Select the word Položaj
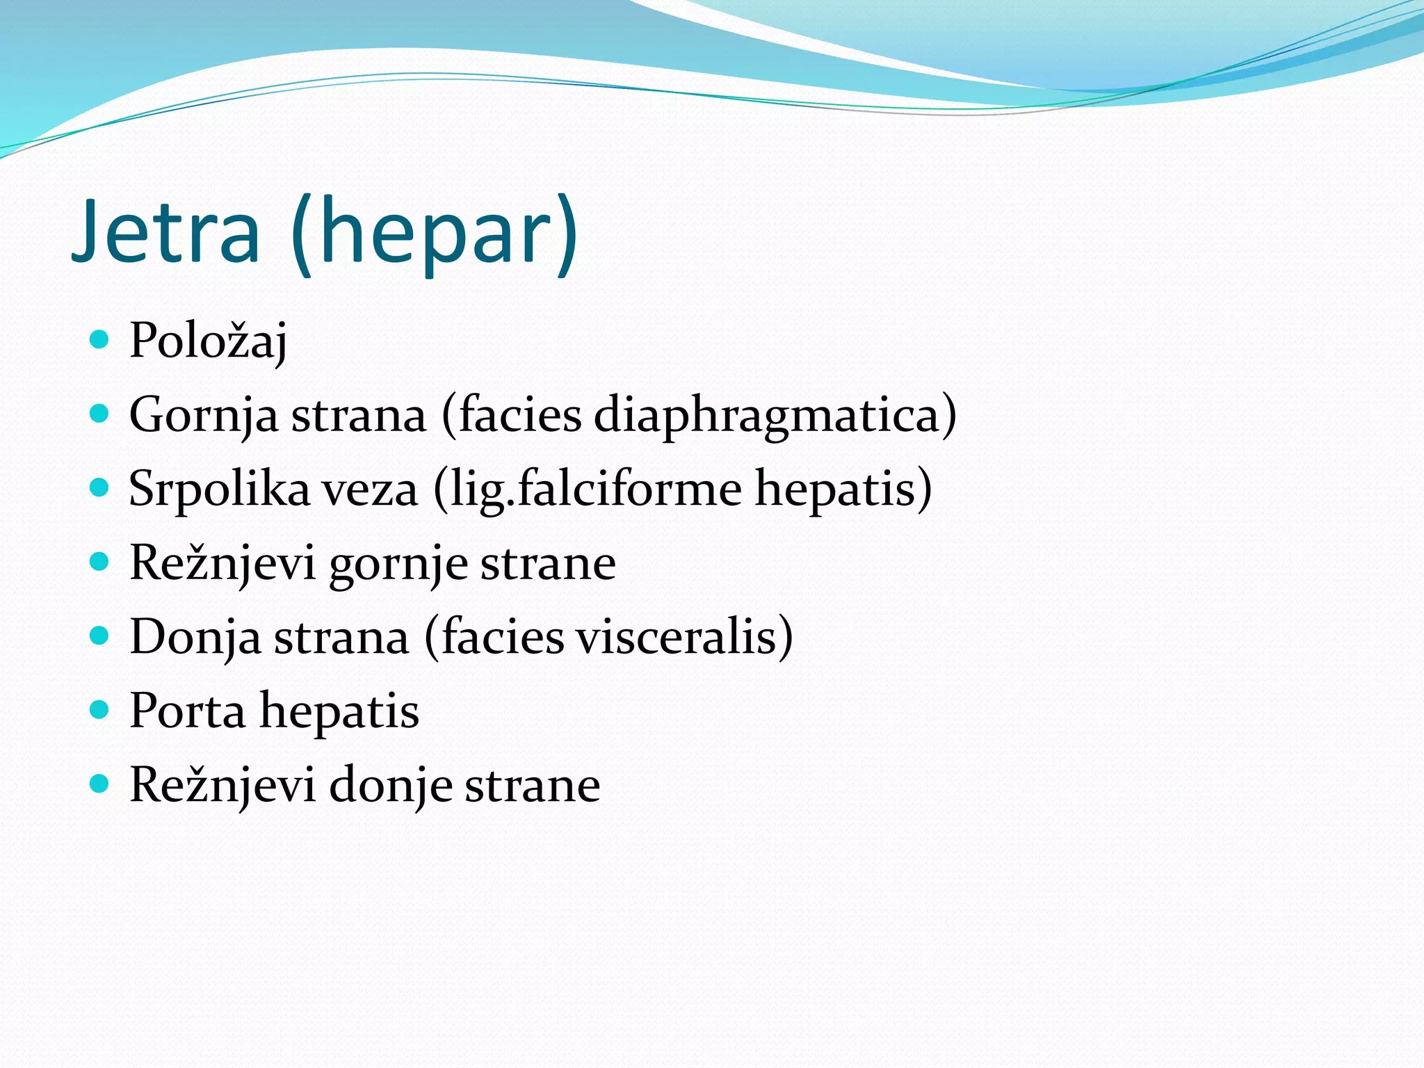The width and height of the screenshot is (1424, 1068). pyautogui.click(x=208, y=341)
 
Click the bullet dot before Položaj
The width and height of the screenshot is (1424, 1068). pyautogui.click(x=100, y=339)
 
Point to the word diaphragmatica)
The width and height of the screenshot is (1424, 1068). pyautogui.click(x=775, y=416)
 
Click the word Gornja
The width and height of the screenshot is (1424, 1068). pyautogui.click(x=204, y=416)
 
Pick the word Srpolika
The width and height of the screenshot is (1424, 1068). pyautogui.click(x=219, y=489)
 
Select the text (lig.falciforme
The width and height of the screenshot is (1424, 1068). pyautogui.click(x=588, y=489)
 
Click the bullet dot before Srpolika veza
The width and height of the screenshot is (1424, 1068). pyautogui.click(x=100, y=487)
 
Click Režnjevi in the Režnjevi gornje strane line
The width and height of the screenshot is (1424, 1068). pyautogui.click(x=222, y=563)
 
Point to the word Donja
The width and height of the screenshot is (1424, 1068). pyautogui.click(x=195, y=638)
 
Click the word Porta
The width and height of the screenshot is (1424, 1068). pyautogui.click(x=188, y=711)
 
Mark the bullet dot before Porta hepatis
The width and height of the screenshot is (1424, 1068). pyautogui.click(x=100, y=710)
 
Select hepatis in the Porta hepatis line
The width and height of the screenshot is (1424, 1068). pyautogui.click(x=339, y=711)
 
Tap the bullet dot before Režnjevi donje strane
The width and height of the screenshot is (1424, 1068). pyautogui.click(x=100, y=784)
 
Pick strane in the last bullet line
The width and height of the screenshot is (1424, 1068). pyautogui.click(x=532, y=786)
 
